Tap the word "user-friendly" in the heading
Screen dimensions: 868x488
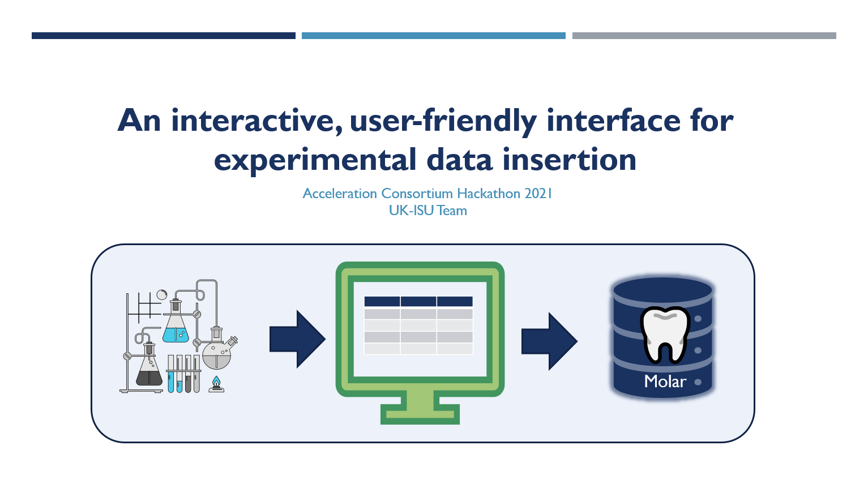(x=443, y=122)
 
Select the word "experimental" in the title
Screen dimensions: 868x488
(x=315, y=160)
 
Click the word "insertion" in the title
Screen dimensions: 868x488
(x=569, y=159)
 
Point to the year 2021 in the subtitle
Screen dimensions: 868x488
(x=538, y=193)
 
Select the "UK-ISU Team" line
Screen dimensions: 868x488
(x=428, y=211)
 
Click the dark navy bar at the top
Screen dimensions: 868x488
(x=164, y=36)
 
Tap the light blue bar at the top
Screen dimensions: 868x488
(x=434, y=36)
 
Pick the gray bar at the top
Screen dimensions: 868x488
(x=704, y=36)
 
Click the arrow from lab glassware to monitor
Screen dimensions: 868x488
(x=297, y=339)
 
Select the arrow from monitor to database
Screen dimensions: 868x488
(x=549, y=341)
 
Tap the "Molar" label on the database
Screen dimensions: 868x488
(x=665, y=382)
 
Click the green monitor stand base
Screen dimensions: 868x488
(x=420, y=414)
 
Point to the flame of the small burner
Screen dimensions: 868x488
(x=216, y=382)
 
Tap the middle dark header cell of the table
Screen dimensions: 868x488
(x=418, y=302)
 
